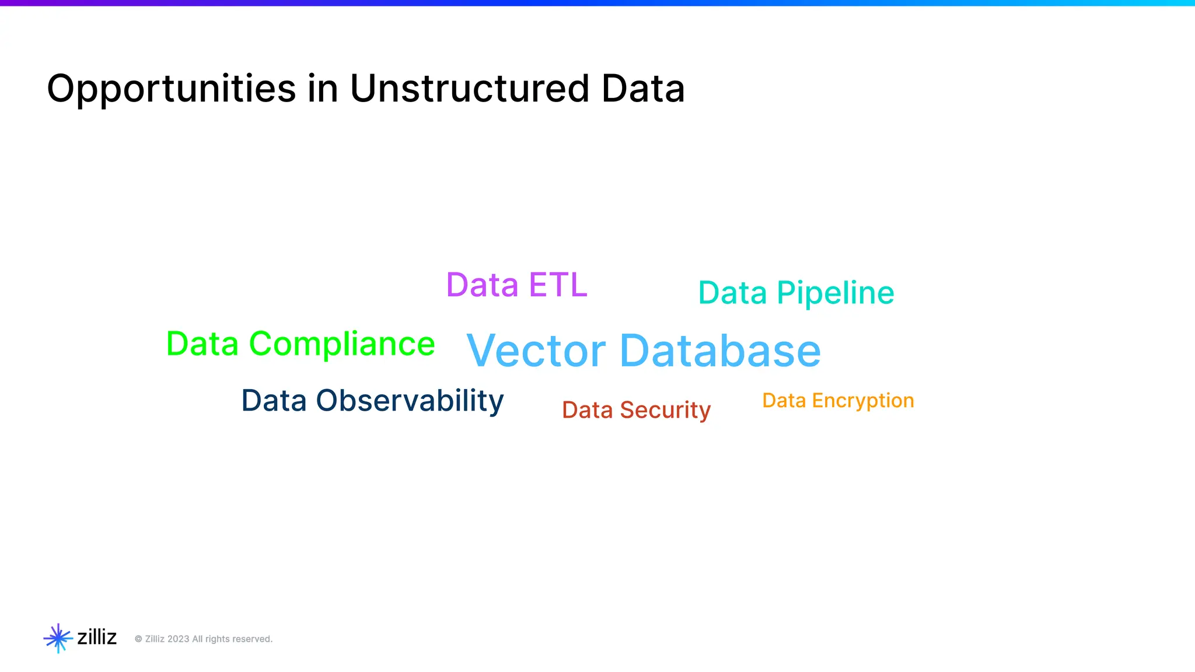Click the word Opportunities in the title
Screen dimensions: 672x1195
tap(171, 89)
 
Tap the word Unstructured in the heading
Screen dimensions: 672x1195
tap(470, 89)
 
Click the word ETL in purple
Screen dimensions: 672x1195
tap(558, 285)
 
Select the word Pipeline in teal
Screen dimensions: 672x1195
tap(835, 293)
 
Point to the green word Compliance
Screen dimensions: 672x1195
tap(342, 344)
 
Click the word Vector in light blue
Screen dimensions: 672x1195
tap(536, 351)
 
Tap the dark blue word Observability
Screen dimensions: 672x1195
tap(410, 401)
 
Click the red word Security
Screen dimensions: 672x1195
tap(665, 410)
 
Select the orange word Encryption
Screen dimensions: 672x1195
tap(862, 401)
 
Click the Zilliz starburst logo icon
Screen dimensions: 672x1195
tap(58, 638)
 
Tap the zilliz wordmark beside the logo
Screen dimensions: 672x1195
tap(97, 637)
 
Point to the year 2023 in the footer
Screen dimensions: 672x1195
tap(178, 639)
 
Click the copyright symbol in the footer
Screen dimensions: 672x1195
tap(138, 639)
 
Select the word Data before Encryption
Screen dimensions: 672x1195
tap(784, 401)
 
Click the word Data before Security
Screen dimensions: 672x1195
tap(587, 410)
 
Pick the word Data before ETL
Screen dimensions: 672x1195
tap(482, 285)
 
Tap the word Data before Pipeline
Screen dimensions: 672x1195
tap(732, 293)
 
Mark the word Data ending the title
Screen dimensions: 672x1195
tap(643, 89)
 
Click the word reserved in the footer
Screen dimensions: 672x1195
tap(252, 639)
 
